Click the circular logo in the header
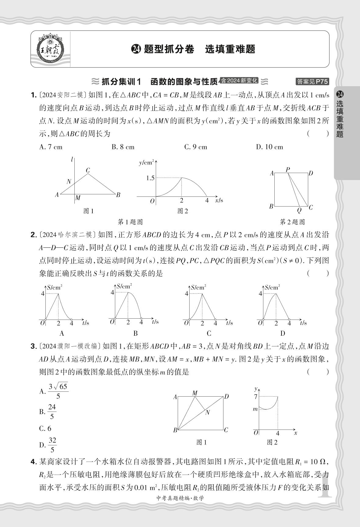50,49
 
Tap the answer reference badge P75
313,81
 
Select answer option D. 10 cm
269,147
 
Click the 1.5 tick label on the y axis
150,178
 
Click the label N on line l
69,182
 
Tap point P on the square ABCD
288,170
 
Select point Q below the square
299,210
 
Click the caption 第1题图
130,222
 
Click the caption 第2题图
292,222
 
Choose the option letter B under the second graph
136,333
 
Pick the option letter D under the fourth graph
283,333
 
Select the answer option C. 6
45,429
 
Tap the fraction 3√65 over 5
58,391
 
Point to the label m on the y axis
255,409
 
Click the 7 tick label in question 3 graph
256,396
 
